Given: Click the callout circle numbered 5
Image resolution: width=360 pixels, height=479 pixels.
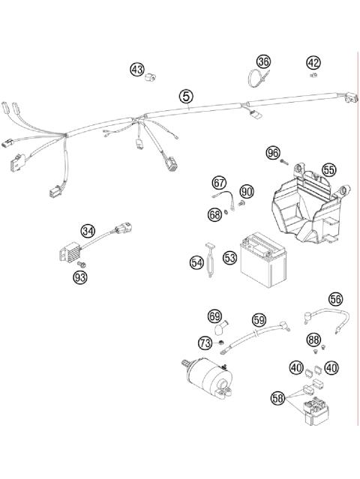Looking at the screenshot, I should pyautogui.click(x=185, y=96).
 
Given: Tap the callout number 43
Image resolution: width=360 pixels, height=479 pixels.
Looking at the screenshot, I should pyautogui.click(x=137, y=70).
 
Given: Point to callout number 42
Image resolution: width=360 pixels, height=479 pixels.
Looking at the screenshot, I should pyautogui.click(x=313, y=62).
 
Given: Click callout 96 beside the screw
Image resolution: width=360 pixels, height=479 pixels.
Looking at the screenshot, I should pyautogui.click(x=273, y=153).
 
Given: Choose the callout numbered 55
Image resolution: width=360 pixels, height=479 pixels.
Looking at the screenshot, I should pyautogui.click(x=328, y=170).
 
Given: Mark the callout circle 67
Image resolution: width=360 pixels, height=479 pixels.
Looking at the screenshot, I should pyautogui.click(x=219, y=182).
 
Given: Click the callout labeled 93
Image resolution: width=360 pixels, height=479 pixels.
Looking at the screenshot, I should pyautogui.click(x=80, y=278).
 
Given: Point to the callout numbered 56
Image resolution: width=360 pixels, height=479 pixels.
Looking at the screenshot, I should pyautogui.click(x=334, y=298).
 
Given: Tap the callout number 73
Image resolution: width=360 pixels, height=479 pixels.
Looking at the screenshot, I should pyautogui.click(x=204, y=343).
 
